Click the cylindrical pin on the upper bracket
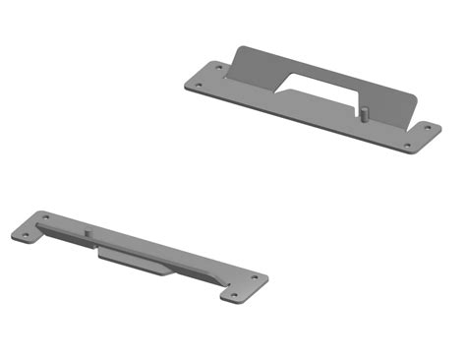[364, 112]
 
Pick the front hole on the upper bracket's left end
[199, 85]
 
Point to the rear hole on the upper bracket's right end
[429, 127]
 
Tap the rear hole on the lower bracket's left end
[42, 216]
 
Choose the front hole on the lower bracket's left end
[25, 234]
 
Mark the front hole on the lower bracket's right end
[236, 295]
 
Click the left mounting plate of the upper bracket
[207, 77]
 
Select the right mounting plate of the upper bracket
[420, 137]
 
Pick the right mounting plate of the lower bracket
[244, 286]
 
